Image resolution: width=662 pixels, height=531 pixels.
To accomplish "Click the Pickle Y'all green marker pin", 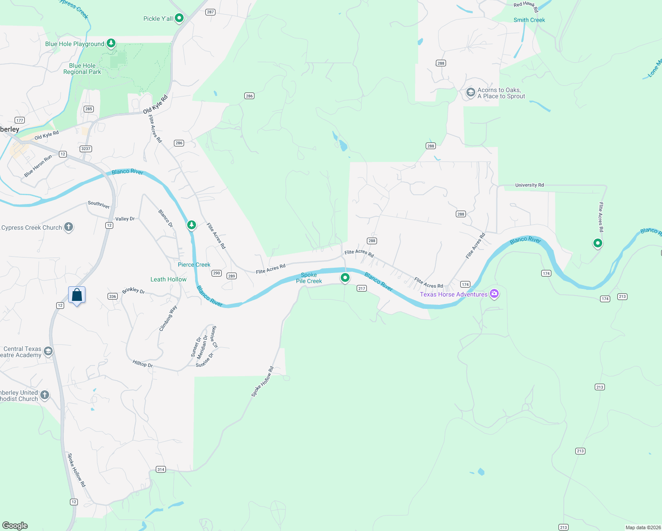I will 179,18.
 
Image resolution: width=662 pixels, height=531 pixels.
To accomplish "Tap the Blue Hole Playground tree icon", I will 111,43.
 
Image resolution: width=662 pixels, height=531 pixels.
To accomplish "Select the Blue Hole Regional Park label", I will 82,69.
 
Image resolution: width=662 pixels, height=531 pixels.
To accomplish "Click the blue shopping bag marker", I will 77,295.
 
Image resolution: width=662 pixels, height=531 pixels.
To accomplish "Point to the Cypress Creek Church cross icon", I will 69,227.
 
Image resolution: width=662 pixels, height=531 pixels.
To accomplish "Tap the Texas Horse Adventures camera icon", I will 494,294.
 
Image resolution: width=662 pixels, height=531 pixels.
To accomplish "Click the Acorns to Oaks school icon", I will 470,92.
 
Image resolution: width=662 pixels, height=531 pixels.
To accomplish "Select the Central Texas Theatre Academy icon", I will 48,351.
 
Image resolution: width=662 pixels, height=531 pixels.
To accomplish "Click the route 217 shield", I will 362,289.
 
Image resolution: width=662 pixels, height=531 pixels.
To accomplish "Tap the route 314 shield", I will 161,469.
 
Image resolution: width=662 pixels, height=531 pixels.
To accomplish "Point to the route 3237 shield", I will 86,149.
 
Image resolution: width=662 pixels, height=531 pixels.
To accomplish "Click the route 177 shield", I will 19,120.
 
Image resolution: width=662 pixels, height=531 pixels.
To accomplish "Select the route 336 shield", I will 112,296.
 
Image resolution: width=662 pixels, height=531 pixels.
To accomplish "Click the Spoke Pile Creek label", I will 309,278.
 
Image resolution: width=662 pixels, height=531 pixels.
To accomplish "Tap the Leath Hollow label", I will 168,279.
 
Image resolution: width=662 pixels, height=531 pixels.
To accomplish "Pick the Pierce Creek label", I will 194,265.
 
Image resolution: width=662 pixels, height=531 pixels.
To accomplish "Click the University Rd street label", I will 529,185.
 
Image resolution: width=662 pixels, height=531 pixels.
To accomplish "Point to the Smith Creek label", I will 529,20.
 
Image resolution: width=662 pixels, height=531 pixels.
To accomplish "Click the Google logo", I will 15,525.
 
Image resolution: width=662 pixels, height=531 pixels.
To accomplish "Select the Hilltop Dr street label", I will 142,364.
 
